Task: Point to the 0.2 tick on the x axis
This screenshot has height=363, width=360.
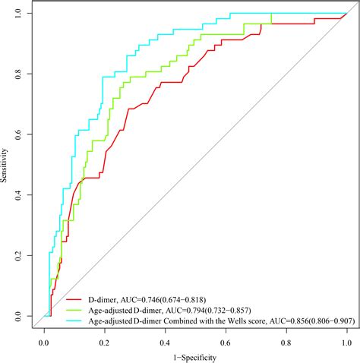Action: pos(105,341)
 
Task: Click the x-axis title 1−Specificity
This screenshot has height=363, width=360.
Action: pos(195,356)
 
